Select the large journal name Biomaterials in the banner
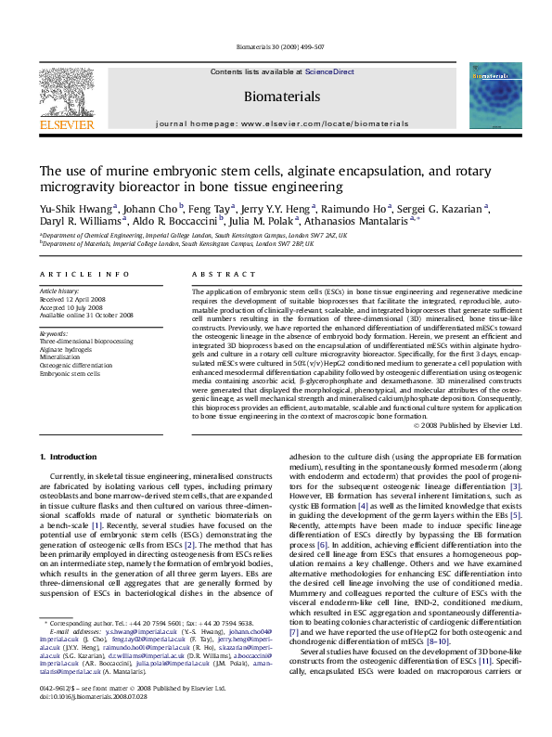coord(281,96)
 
